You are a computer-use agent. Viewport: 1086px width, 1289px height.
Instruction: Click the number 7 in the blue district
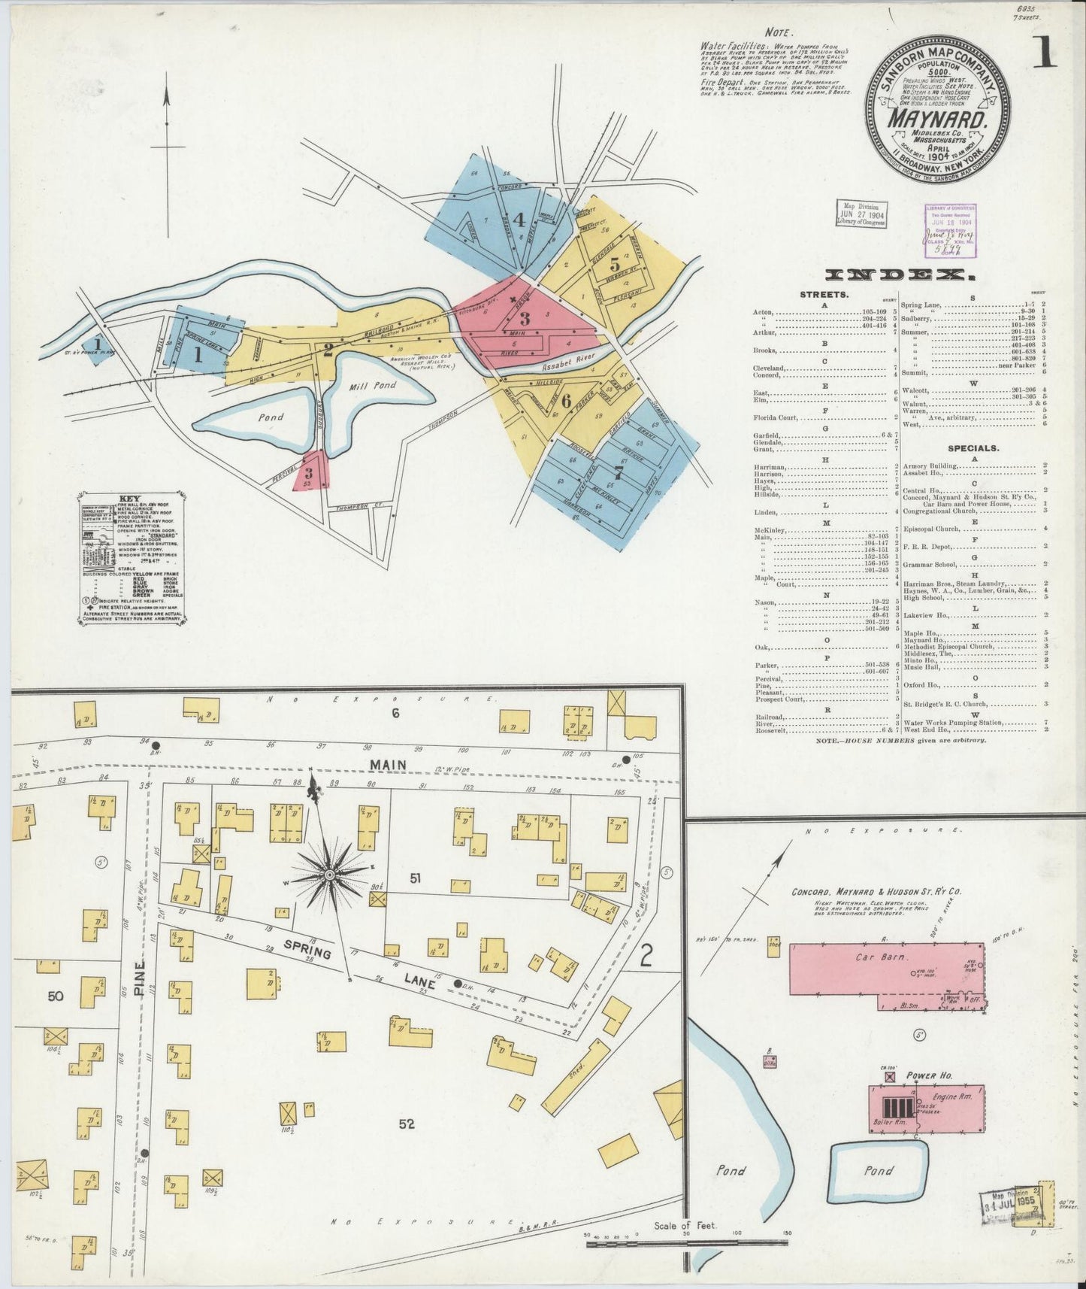[618, 474]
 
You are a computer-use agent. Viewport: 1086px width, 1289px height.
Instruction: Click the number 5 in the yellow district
[614, 264]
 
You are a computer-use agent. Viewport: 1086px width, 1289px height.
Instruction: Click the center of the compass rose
[329, 876]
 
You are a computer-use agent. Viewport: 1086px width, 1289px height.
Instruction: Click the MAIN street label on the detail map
[387, 765]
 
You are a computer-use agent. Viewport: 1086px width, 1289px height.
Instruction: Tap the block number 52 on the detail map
[407, 1124]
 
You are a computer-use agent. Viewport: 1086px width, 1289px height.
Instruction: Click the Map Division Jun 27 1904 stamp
[861, 214]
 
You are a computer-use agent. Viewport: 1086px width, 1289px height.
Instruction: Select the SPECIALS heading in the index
[973, 447]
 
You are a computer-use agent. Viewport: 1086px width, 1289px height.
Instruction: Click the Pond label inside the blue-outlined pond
[878, 1170]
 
